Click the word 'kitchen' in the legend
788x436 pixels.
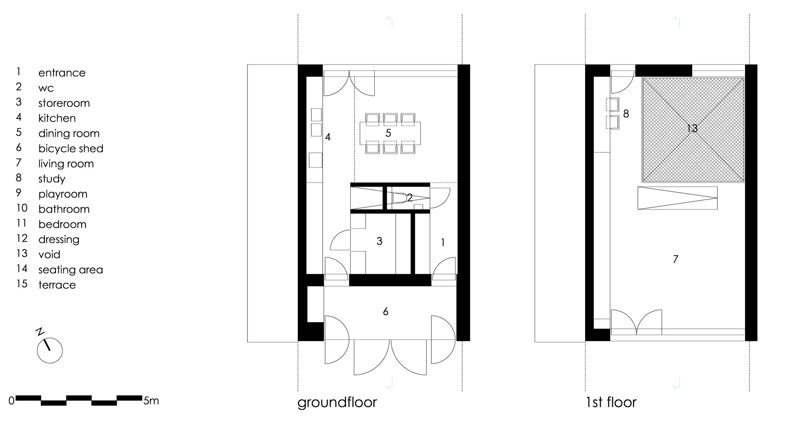57,118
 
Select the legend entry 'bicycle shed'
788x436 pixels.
71,148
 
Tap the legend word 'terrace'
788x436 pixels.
57,285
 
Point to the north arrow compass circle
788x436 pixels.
50,351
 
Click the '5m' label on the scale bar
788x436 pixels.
151,401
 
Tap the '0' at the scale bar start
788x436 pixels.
11,401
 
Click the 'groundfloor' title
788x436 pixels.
337,403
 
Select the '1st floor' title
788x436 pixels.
611,402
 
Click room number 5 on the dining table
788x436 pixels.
388,133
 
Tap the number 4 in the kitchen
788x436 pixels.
327,137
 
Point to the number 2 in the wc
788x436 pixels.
410,198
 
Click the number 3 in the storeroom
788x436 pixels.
379,241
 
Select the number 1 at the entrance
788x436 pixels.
442,243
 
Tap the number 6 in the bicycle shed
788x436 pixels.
385,312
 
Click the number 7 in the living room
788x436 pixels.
675,259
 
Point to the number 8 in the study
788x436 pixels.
626,114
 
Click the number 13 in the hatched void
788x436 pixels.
692,128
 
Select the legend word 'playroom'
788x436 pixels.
63,194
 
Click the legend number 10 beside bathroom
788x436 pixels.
22,208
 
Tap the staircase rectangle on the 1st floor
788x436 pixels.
677,198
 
